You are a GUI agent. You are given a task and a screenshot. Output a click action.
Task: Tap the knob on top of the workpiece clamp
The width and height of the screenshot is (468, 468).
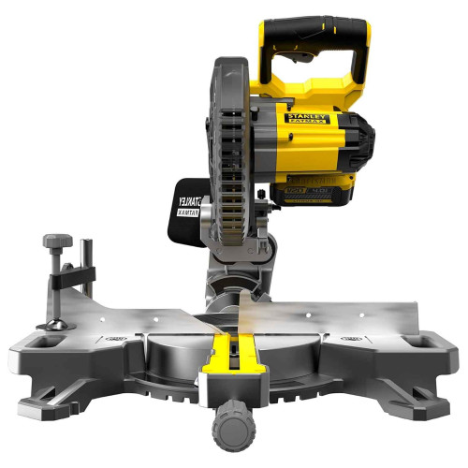(55, 242)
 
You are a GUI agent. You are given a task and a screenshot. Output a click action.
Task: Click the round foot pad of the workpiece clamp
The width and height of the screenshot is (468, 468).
(54, 324)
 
